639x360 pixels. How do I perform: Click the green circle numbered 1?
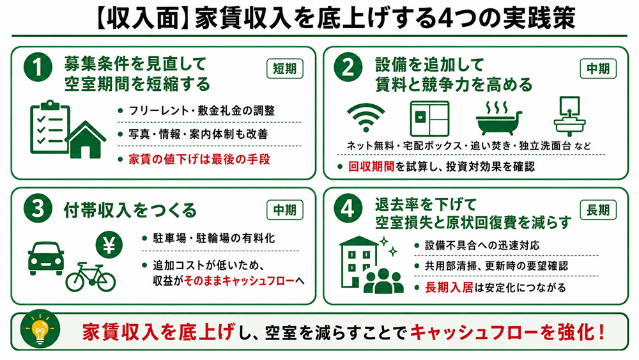pyautogui.click(x=38, y=67)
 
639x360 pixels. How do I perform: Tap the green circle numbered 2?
pyautogui.click(x=348, y=67)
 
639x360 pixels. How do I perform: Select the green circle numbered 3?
pyautogui.click(x=38, y=208)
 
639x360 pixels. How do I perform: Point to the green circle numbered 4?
pyautogui.click(x=348, y=208)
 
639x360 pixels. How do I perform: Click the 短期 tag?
pyautogui.click(x=285, y=68)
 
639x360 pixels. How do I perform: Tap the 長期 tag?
pyautogui.click(x=598, y=210)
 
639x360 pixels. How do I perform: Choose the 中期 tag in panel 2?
pyautogui.click(x=598, y=68)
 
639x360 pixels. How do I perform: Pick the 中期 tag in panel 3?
pyautogui.click(x=285, y=210)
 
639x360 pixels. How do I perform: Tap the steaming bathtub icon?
pyautogui.click(x=499, y=118)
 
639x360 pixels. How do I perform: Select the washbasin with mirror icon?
pyautogui.click(x=569, y=116)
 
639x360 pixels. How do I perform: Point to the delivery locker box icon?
pyautogui.click(x=429, y=119)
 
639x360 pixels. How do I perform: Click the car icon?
pyautogui.click(x=46, y=258)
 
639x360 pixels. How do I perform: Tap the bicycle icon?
pyautogui.click(x=91, y=278)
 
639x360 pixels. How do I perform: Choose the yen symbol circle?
pyautogui.click(x=109, y=245)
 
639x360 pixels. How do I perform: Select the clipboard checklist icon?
pyautogui.click(x=50, y=127)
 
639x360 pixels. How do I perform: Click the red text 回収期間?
pyautogui.click(x=371, y=166)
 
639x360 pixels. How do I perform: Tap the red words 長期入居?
pyautogui.click(x=449, y=288)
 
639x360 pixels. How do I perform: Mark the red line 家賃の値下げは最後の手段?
pyautogui.click(x=199, y=159)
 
